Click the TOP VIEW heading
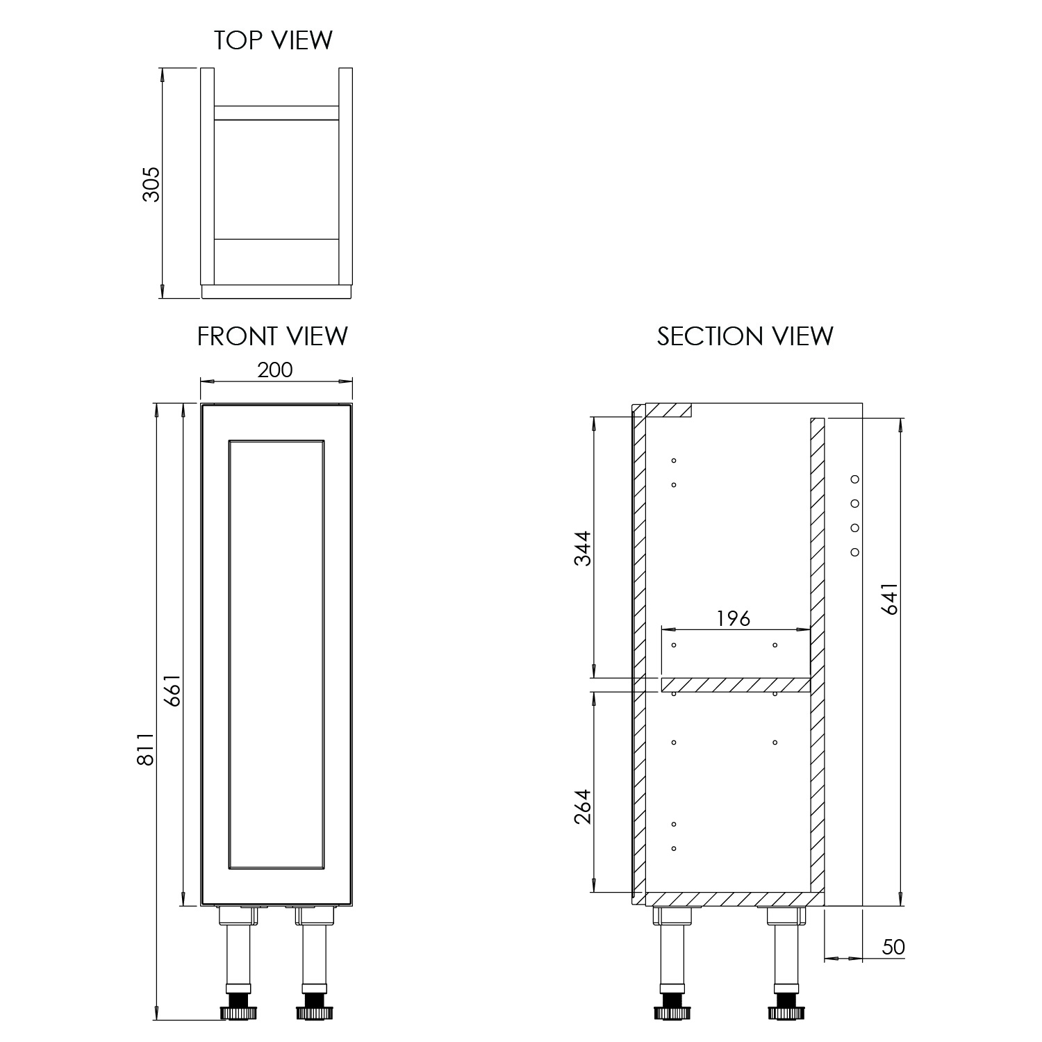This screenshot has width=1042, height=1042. coord(273,40)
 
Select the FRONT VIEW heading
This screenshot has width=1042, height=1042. coord(272,336)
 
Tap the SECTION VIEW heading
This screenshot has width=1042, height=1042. coord(745,336)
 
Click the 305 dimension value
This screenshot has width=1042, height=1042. coord(151,184)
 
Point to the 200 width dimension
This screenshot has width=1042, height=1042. coord(275,370)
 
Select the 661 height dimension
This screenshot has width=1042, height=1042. coord(172,690)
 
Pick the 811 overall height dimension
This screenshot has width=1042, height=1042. coord(145,750)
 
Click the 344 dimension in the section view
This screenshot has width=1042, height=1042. coord(582,548)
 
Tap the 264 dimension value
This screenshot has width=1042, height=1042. coord(582,807)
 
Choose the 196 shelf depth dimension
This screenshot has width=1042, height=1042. coord(734,618)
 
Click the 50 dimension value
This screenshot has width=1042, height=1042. coord(893,948)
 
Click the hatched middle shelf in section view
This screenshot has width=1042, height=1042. coord(736,686)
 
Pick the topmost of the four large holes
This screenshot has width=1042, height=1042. coord(855,479)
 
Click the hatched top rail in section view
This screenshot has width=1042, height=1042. coord(668,410)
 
